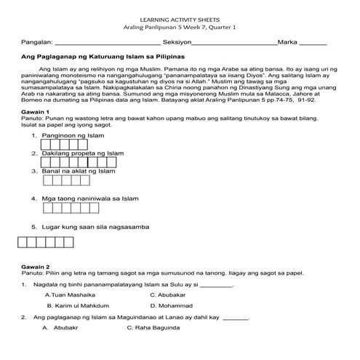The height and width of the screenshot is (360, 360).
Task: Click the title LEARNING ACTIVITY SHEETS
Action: (180, 17)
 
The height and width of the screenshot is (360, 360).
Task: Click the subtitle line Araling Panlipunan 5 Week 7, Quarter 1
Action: (180, 26)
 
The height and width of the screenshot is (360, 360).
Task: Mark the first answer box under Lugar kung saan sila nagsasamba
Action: (23, 243)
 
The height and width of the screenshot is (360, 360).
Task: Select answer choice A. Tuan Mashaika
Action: (70, 295)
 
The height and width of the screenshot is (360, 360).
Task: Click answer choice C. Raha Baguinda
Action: (155, 328)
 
